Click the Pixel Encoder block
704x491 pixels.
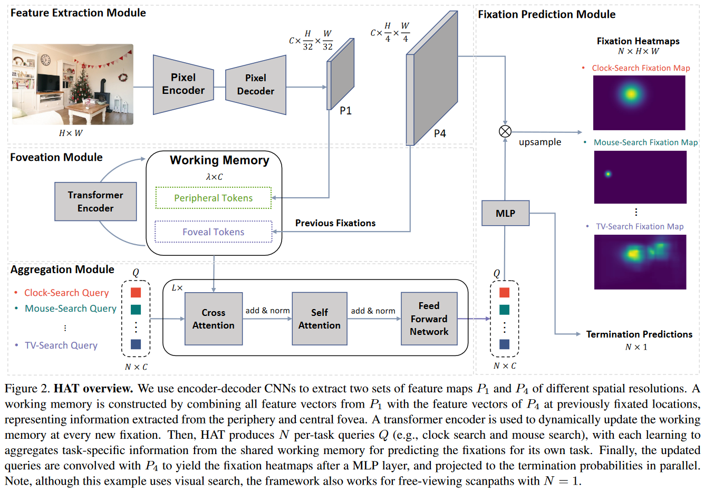[183, 84]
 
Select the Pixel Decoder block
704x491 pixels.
[256, 85]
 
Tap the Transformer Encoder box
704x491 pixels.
[95, 201]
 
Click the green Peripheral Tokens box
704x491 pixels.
[213, 198]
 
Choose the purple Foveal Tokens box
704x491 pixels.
[213, 232]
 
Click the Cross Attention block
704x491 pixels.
[213, 319]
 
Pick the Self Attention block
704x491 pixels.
[319, 319]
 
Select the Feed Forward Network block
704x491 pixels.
[429, 319]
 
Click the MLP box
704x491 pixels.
[505, 213]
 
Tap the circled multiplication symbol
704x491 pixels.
[505, 131]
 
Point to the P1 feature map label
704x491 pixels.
[345, 111]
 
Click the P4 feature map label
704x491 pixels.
[440, 133]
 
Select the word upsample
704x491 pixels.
[540, 142]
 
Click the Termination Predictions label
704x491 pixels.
[639, 334]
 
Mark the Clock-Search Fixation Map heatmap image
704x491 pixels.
[639, 102]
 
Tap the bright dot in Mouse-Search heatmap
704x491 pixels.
[608, 174]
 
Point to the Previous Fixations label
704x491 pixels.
[335, 223]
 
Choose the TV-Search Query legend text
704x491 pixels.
[61, 345]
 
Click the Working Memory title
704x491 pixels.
[219, 160]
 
